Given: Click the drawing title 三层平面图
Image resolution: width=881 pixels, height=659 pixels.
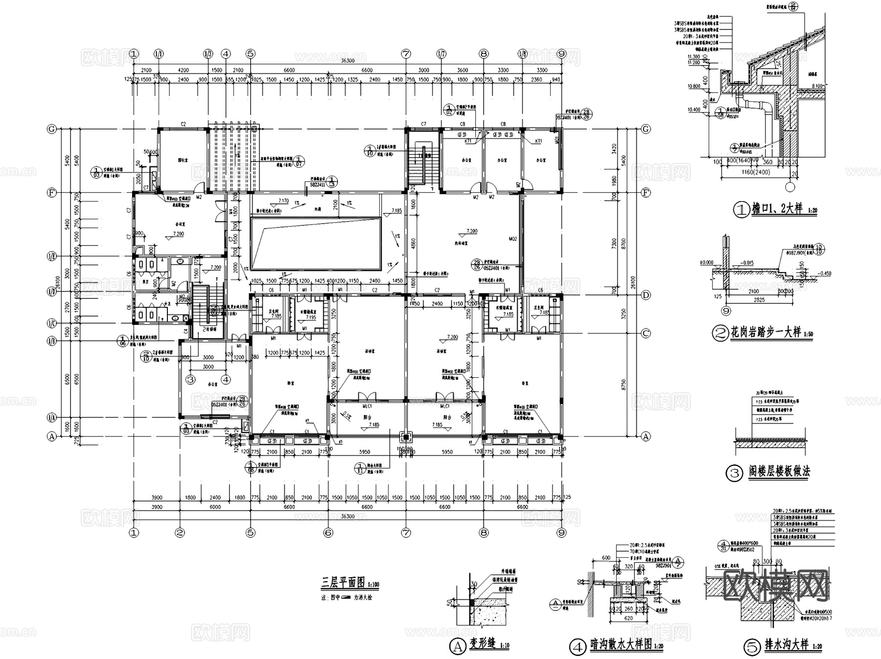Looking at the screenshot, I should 343,582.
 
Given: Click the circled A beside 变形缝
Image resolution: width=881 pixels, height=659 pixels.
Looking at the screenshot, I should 457,647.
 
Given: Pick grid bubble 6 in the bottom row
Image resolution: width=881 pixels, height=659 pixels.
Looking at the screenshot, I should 328,533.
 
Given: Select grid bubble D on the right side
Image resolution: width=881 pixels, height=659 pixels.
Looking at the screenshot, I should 646,295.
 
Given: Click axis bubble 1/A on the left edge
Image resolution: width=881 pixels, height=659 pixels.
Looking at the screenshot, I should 51,417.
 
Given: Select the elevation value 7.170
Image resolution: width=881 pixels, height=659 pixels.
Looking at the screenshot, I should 283,201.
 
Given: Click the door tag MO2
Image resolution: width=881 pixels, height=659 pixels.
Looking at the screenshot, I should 512,239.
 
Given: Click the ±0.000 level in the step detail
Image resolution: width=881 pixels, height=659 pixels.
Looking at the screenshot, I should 707,263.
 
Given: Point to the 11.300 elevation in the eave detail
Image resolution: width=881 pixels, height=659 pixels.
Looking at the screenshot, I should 694,57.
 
